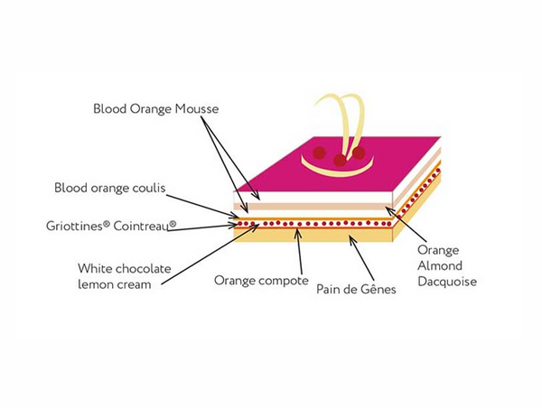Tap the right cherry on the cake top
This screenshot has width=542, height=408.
tap(359, 153)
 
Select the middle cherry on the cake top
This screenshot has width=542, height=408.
tap(340, 161)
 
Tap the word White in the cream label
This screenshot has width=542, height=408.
tap(94, 268)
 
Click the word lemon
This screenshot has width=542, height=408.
tap(93, 284)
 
